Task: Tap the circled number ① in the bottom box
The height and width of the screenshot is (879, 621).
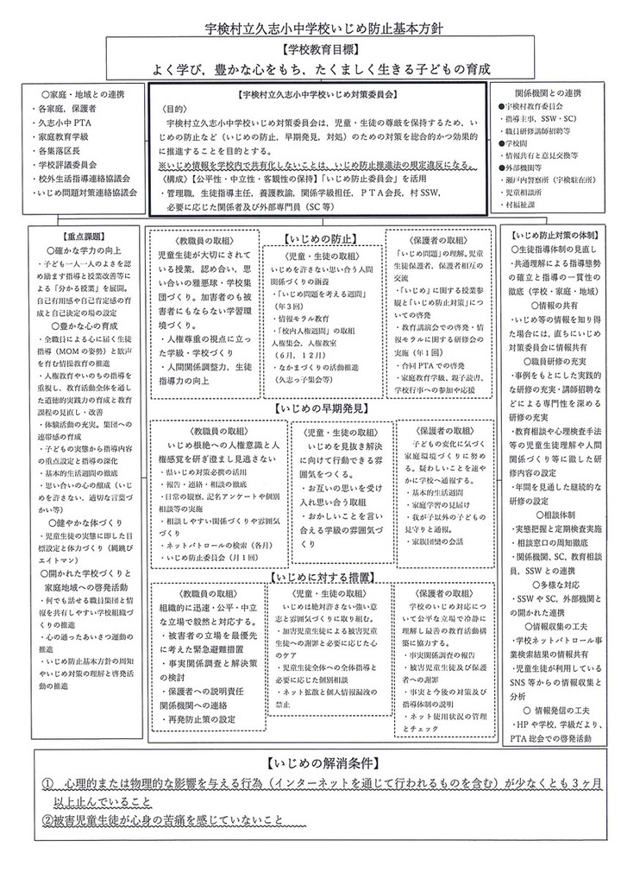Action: click(x=49, y=782)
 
